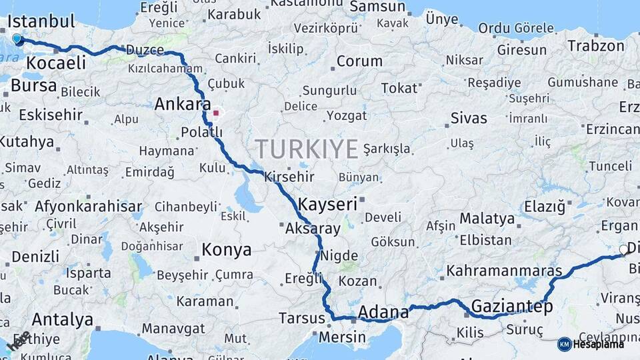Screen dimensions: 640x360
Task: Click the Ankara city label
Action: click(x=182, y=104)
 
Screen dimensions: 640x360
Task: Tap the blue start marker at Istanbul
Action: click(x=17, y=39)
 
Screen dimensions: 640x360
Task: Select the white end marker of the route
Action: click(x=623, y=250)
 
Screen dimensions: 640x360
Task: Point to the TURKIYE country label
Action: click(x=307, y=149)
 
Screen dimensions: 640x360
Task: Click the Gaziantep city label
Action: click(x=512, y=307)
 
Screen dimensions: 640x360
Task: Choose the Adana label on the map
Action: click(x=383, y=312)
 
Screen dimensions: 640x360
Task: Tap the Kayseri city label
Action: click(x=328, y=204)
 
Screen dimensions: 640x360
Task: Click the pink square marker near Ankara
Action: click(x=215, y=113)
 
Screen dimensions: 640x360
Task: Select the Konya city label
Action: click(x=227, y=250)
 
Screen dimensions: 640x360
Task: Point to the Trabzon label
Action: click(x=596, y=46)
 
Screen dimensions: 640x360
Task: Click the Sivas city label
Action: click(x=469, y=119)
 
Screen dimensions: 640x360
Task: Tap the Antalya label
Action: click(x=62, y=319)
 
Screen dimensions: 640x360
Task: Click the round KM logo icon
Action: click(x=564, y=344)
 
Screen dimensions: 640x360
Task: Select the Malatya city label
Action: click(x=487, y=219)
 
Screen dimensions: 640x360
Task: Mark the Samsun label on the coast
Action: click(x=377, y=7)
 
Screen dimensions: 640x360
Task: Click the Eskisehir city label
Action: click(x=51, y=115)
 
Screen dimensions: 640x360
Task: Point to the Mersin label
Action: click(x=342, y=337)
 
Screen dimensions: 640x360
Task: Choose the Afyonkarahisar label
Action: click(x=89, y=206)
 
